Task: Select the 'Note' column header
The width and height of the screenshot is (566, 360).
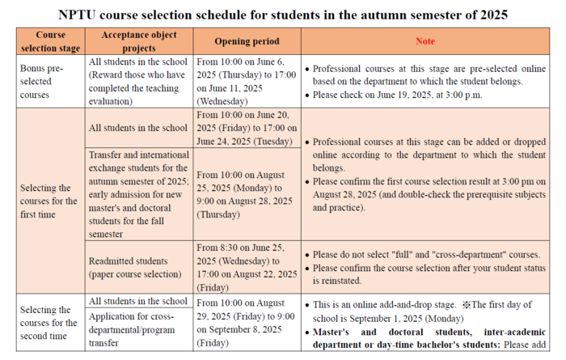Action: coord(424,41)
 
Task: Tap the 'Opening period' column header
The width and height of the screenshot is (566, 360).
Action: coord(247,41)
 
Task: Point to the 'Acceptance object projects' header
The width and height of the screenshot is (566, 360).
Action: coord(139,41)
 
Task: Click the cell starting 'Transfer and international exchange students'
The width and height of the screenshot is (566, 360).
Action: coord(139,194)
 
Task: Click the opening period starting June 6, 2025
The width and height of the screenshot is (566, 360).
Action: coord(247,82)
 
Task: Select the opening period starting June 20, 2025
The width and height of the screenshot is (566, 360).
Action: coord(247,128)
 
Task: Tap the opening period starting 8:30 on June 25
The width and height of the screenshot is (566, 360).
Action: coord(247,267)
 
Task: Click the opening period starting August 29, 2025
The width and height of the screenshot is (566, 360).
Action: coord(247,322)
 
